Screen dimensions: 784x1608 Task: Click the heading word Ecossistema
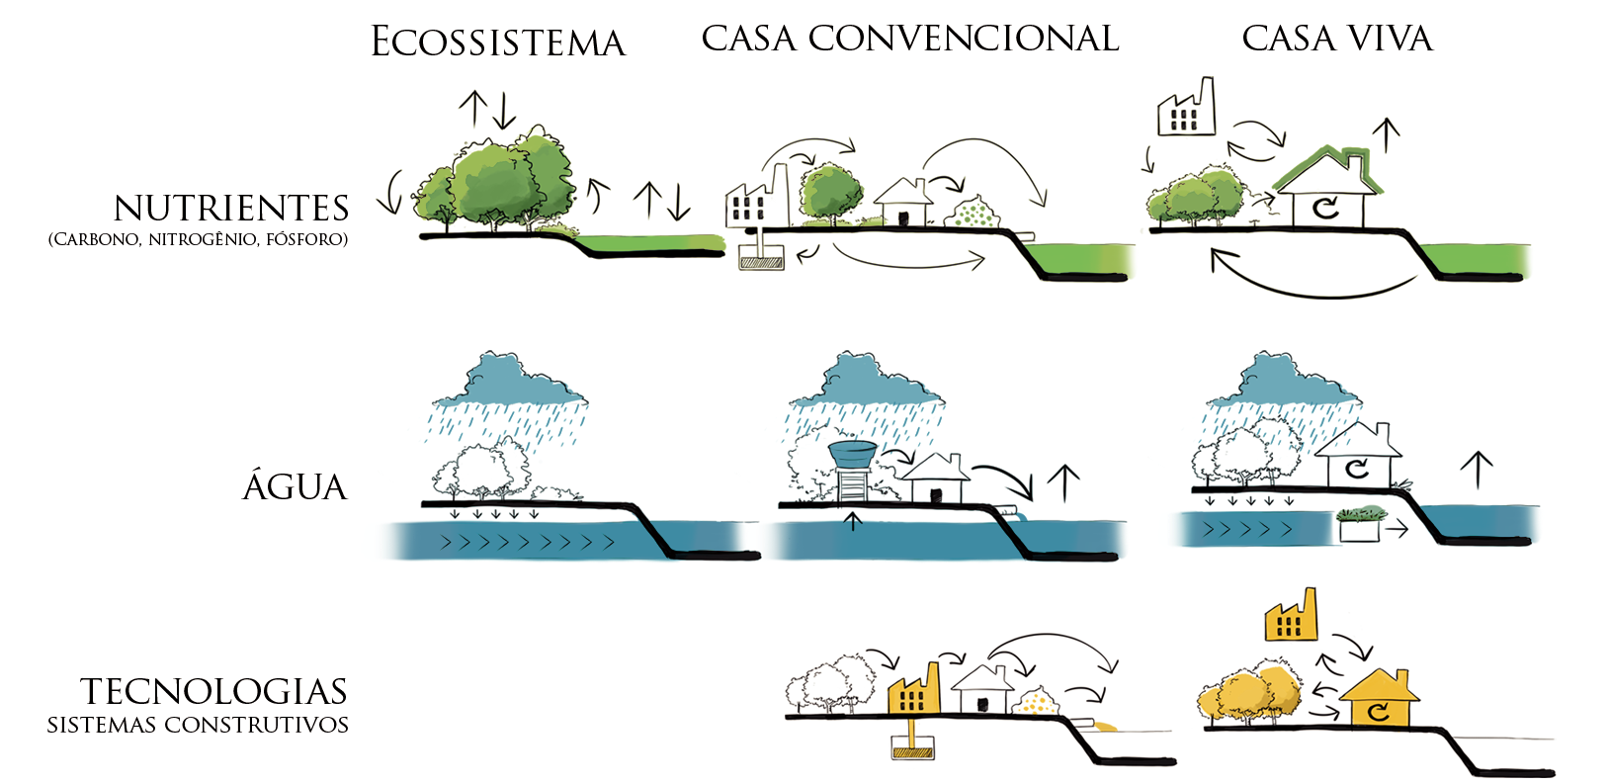498,43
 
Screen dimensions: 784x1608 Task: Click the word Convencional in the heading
963,39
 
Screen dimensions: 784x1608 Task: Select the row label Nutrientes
231,209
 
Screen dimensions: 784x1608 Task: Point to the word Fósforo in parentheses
306,239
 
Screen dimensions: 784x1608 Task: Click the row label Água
295,487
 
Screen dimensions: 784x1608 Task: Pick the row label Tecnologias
213,691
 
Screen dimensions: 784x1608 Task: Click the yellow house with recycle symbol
1379,700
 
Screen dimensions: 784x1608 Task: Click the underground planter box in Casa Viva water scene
1360,527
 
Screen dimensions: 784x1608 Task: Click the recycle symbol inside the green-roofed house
1325,208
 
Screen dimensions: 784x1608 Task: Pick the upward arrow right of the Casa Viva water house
1477,469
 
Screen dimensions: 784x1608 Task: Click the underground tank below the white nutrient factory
762,262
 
